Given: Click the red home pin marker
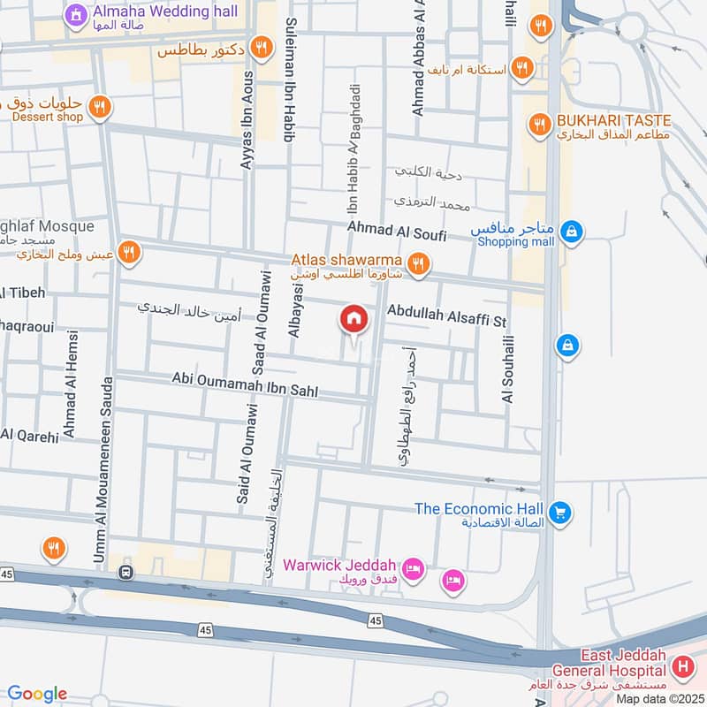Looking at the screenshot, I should click(353, 319).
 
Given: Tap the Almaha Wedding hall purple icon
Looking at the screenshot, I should click(75, 14).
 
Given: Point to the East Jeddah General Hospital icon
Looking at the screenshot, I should click(682, 665).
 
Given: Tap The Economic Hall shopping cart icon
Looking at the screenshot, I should click(558, 512).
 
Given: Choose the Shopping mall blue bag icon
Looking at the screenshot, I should click(573, 232).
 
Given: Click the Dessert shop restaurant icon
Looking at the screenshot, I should click(100, 107).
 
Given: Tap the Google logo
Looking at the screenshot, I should click(37, 694).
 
